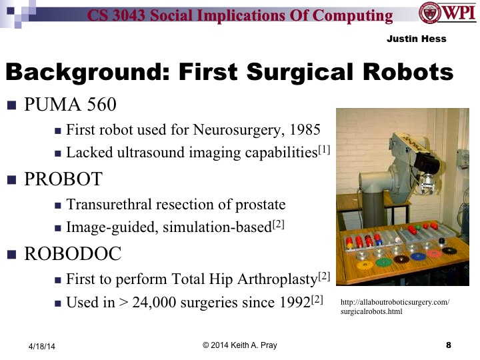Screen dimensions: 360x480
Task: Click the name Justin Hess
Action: click(416, 39)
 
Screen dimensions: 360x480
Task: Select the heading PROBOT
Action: click(64, 179)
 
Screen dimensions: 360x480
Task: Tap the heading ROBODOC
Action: click(74, 253)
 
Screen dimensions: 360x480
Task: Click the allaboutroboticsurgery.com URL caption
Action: click(395, 307)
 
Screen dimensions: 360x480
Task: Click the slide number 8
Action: click(448, 345)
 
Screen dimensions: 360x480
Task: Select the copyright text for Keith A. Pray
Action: click(239, 345)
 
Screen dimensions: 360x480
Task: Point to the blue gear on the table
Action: click(418, 256)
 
